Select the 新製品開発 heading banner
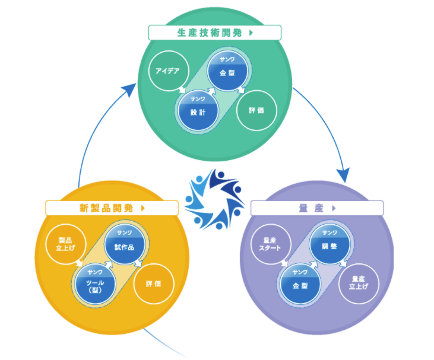click(x=112, y=208)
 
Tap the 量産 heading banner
click(x=317, y=208)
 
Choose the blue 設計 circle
click(x=198, y=109)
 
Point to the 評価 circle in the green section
click(x=256, y=110)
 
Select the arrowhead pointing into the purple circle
click(x=343, y=175)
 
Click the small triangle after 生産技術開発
click(x=252, y=33)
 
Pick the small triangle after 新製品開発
click(x=143, y=208)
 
